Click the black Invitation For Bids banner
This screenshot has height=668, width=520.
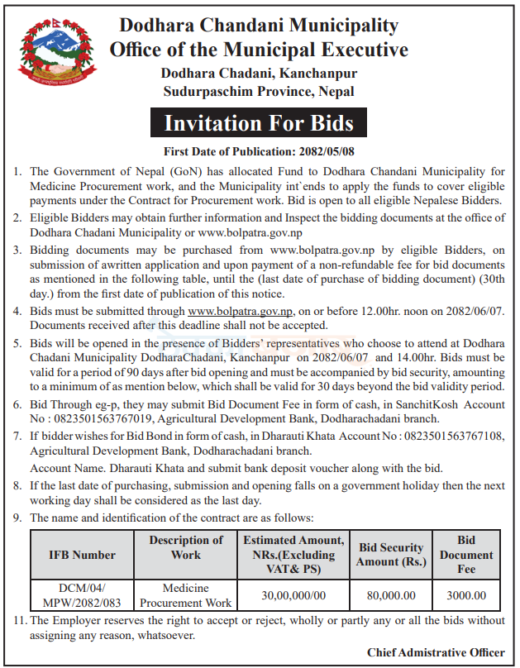coord(259,124)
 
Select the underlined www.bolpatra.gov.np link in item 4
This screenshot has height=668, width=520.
coord(241,311)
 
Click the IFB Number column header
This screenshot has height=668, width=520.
coord(83,555)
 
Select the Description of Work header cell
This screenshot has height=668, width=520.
coord(186,547)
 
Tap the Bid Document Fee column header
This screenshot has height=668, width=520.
coord(466,555)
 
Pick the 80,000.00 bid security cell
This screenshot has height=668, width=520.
coord(391,595)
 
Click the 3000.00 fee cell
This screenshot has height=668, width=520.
coord(466,595)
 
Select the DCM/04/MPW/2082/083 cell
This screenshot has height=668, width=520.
coord(83,595)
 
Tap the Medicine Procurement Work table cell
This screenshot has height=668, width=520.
coord(186,595)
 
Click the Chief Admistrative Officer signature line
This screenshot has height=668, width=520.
coord(436,652)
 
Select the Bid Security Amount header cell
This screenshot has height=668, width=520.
coord(391,555)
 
